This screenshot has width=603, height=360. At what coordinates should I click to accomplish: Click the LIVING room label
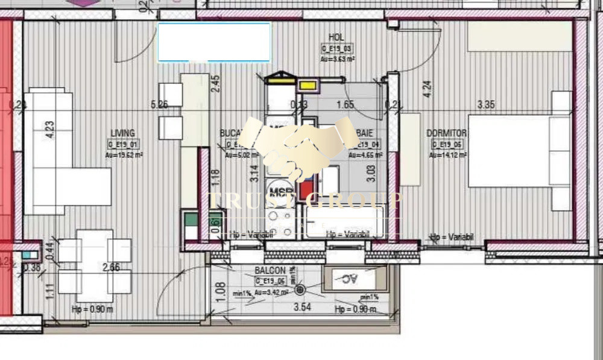click(122, 133)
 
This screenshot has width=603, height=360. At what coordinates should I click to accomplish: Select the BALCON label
click(266, 271)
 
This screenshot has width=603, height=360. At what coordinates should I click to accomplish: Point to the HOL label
click(336, 37)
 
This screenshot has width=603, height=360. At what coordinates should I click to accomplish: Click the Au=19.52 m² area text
click(124, 155)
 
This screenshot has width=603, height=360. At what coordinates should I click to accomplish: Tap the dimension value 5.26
click(159, 104)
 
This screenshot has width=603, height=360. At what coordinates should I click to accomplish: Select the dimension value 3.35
click(486, 104)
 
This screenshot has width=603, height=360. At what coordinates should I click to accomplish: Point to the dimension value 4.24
click(428, 89)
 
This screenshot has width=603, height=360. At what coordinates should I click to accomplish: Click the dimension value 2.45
click(215, 83)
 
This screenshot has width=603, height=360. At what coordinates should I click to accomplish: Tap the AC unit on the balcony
click(350, 279)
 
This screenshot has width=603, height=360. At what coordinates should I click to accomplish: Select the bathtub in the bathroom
click(345, 222)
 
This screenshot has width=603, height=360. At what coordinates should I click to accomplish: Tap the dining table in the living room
click(95, 265)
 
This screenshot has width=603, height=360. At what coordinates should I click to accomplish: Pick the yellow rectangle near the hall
click(308, 86)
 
